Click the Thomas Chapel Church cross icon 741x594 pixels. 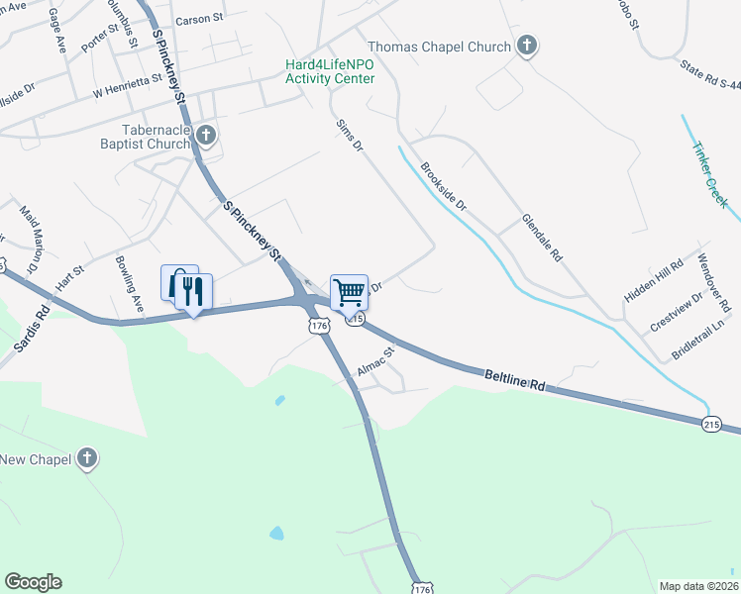click(527, 46)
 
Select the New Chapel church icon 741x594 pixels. click(88, 458)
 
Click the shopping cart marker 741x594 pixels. click(349, 292)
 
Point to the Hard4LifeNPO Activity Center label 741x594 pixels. click(330, 71)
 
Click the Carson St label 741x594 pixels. click(200, 20)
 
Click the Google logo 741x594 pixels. click(33, 582)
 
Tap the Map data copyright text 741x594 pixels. click(697, 586)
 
